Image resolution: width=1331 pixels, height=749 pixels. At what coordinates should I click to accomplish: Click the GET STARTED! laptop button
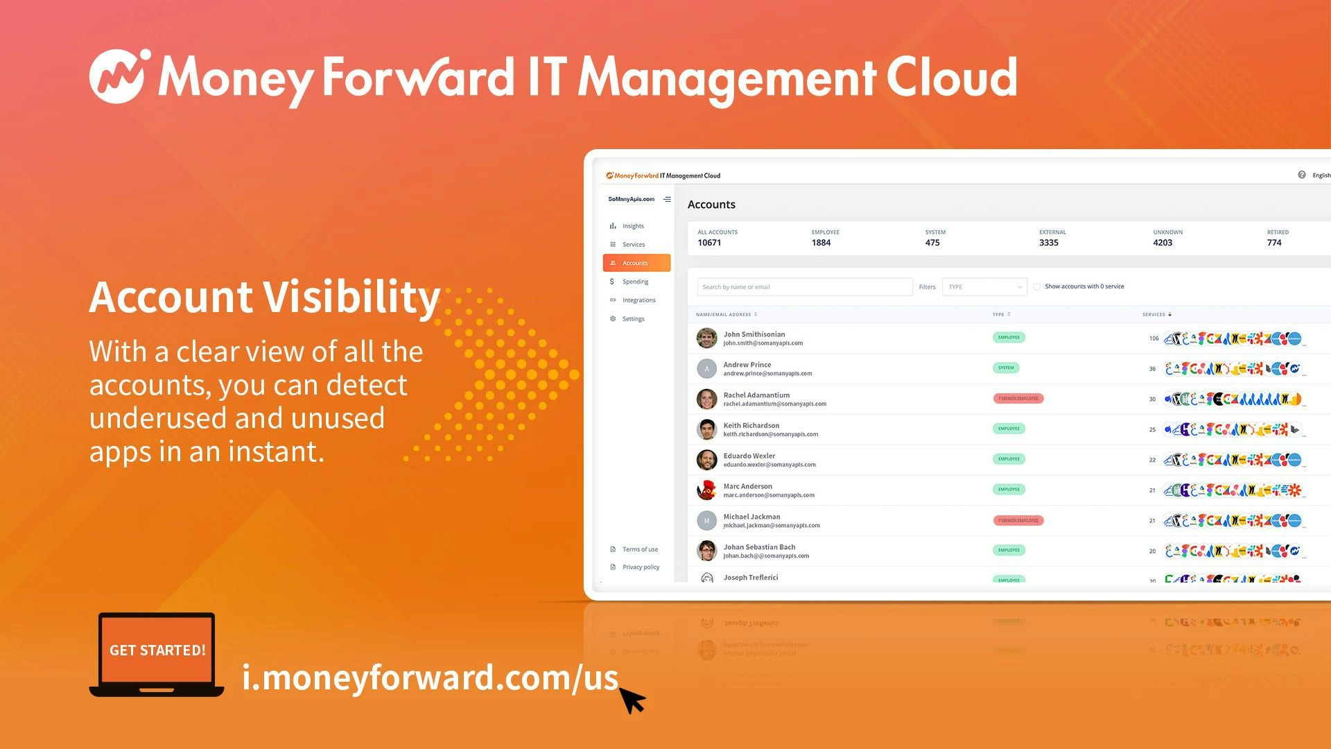pyautogui.click(x=157, y=651)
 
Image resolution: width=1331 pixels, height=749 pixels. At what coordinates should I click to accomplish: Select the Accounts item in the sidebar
pyautogui.click(x=636, y=263)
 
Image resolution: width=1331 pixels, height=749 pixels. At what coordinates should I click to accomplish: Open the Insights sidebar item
pyautogui.click(x=632, y=226)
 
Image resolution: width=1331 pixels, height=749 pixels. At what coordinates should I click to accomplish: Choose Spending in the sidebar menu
pyautogui.click(x=635, y=282)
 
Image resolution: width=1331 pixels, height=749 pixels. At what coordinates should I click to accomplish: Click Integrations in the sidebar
pyautogui.click(x=638, y=300)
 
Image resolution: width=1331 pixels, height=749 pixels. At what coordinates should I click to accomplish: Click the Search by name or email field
pyautogui.click(x=804, y=287)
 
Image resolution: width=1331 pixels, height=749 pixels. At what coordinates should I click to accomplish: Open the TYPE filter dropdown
pyautogui.click(x=984, y=287)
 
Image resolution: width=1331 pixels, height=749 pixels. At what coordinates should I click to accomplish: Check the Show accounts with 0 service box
pyautogui.click(x=1037, y=286)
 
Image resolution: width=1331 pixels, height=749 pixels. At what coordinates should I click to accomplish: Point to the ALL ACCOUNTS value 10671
pyautogui.click(x=709, y=243)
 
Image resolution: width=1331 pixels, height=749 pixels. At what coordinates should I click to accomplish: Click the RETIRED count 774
pyautogui.click(x=1274, y=243)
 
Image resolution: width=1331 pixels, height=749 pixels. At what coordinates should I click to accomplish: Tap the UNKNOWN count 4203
pyautogui.click(x=1163, y=243)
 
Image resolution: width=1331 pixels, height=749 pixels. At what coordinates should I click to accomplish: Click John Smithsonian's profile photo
pyautogui.click(x=706, y=338)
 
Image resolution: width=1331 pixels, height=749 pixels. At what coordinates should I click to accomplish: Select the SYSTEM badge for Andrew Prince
pyautogui.click(x=1006, y=368)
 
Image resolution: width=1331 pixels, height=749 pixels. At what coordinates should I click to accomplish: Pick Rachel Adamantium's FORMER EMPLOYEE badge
pyautogui.click(x=1018, y=399)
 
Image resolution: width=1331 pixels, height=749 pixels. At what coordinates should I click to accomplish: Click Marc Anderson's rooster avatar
pyautogui.click(x=706, y=490)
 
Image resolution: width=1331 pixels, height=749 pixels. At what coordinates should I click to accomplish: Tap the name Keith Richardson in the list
pyautogui.click(x=751, y=425)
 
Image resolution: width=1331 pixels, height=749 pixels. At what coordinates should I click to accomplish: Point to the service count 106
pyautogui.click(x=1154, y=338)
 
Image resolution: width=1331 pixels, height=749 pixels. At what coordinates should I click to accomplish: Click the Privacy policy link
pyautogui.click(x=641, y=567)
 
